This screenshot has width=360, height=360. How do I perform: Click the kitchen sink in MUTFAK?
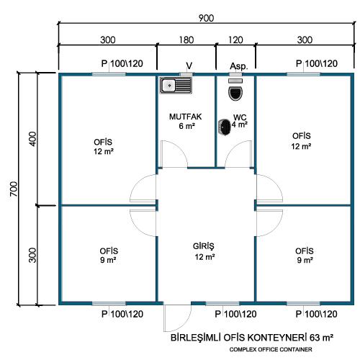(176, 86)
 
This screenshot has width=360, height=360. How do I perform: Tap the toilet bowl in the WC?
(235, 94)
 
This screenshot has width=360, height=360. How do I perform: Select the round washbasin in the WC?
(225, 127)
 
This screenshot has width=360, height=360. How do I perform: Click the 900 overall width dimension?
(206, 18)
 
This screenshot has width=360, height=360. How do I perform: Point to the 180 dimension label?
(186, 40)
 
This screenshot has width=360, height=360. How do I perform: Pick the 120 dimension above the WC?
(235, 40)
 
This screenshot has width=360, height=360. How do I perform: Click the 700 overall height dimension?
(14, 189)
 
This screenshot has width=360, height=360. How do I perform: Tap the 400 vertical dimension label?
(32, 139)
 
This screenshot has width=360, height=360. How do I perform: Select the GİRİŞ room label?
(204, 246)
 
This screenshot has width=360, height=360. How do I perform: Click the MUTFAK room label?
(185, 117)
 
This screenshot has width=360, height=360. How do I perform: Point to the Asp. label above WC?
(239, 66)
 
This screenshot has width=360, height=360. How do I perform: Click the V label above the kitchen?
(189, 66)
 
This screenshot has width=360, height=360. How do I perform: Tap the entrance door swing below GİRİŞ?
(177, 318)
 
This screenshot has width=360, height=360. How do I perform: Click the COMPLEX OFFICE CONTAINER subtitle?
(271, 349)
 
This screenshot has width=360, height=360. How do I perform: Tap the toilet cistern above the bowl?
(235, 81)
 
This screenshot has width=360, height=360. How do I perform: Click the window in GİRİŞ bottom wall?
(222, 304)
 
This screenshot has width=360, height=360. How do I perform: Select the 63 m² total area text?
(321, 338)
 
